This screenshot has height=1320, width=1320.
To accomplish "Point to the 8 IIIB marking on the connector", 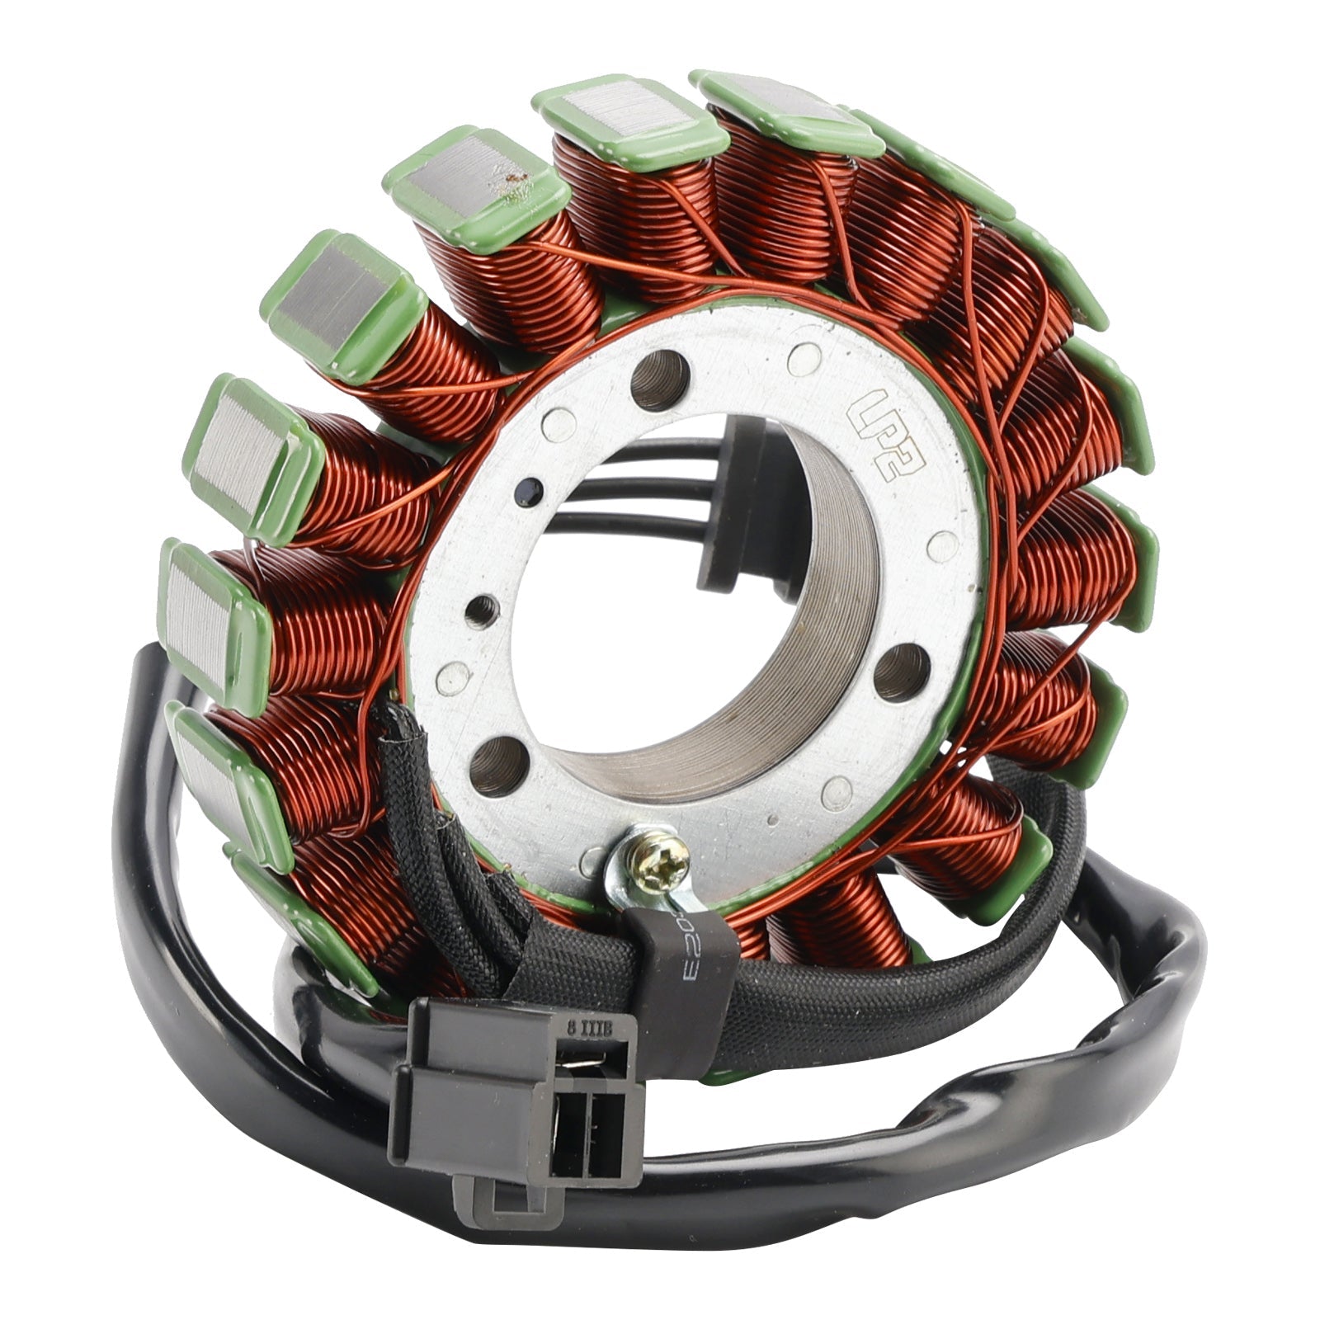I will coord(584,1029).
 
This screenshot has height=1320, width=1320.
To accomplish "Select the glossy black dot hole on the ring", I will coord(522,494).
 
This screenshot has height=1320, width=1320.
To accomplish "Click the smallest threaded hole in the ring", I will coord(478,611).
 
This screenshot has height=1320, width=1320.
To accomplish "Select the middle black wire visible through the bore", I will coord(627,478).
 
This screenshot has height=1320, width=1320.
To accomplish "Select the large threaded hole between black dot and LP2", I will coord(660,379).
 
